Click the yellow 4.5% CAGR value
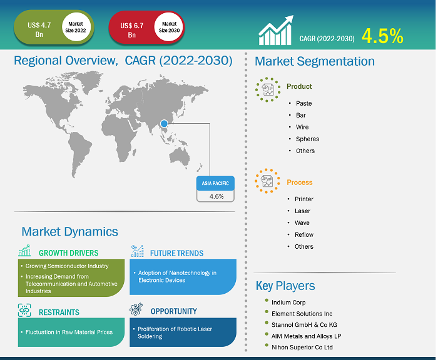click(x=382, y=36)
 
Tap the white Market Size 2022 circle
click(x=76, y=27)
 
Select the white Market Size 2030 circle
click(x=169, y=27)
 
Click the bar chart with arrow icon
click(x=276, y=30)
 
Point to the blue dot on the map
click(x=164, y=123)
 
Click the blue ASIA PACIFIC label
click(x=215, y=183)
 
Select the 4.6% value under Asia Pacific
click(x=216, y=196)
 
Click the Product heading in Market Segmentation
click(x=299, y=86)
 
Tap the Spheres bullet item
click(x=308, y=139)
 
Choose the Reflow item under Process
click(x=304, y=235)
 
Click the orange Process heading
click(x=300, y=182)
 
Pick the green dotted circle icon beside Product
click(x=268, y=89)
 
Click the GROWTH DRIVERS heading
click(x=69, y=253)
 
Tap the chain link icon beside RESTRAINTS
click(x=24, y=311)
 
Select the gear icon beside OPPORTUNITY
click(x=136, y=309)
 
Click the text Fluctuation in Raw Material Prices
click(x=69, y=332)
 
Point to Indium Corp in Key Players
click(x=288, y=302)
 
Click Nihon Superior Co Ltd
click(x=302, y=347)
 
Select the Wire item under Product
click(x=302, y=127)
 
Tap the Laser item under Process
click(x=302, y=211)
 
